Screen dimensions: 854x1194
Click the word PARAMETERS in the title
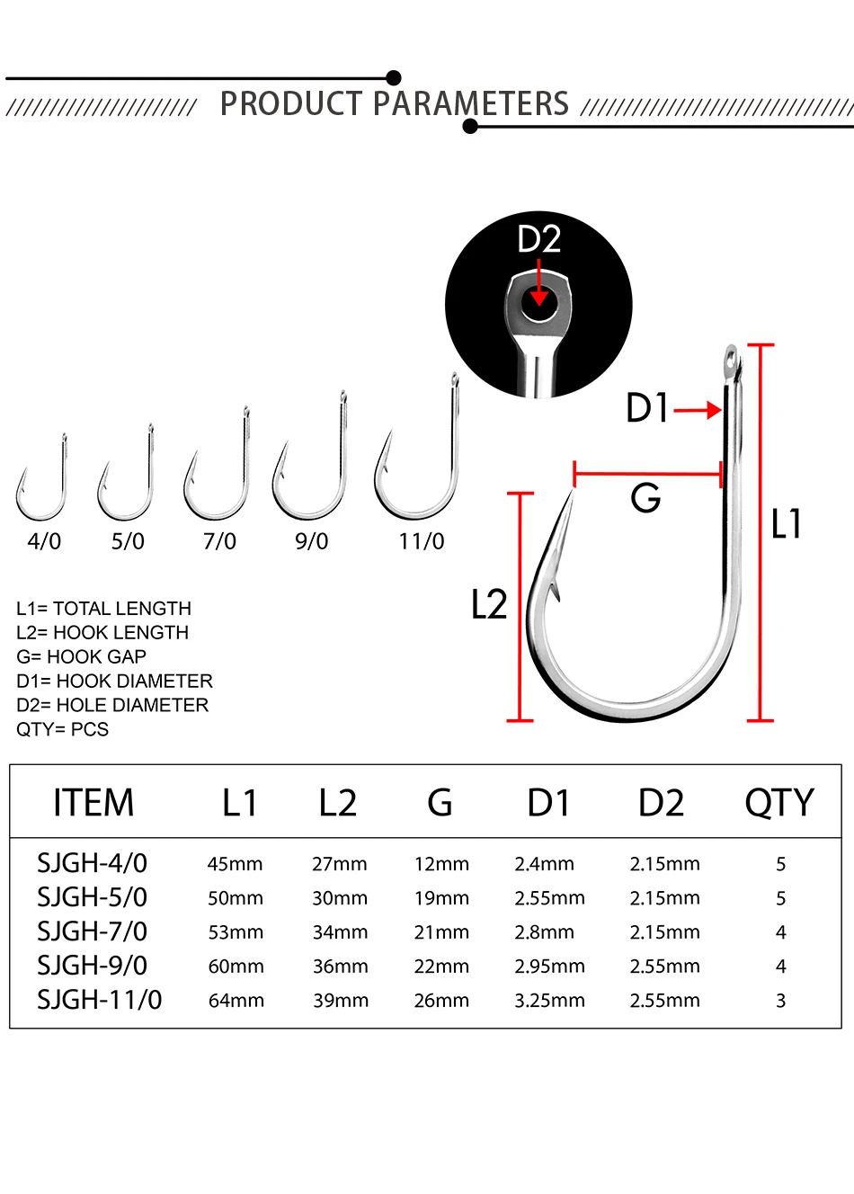click(x=471, y=103)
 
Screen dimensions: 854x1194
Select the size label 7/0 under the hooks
click(x=219, y=541)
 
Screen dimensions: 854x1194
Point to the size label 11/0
click(x=421, y=541)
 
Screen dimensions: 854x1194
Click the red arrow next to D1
click(x=698, y=410)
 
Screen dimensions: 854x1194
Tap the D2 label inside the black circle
click(x=539, y=239)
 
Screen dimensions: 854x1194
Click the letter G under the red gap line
click(x=645, y=498)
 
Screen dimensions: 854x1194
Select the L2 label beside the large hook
click(x=489, y=604)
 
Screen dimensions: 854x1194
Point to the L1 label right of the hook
click(x=786, y=523)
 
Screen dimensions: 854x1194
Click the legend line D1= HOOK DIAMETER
click(x=114, y=682)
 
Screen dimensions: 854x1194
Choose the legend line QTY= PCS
click(x=62, y=729)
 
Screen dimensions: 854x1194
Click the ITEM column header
click(x=93, y=803)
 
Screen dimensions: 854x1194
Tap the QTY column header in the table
click(x=779, y=803)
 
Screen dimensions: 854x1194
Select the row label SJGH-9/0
click(x=92, y=966)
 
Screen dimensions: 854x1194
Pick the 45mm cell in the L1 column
click(x=236, y=864)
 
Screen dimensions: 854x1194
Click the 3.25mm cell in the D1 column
click(x=549, y=1001)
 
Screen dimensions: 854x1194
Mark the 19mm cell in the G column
click(x=442, y=898)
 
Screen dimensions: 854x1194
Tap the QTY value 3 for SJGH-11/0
click(x=781, y=1001)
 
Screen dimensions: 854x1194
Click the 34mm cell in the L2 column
click(x=340, y=932)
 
